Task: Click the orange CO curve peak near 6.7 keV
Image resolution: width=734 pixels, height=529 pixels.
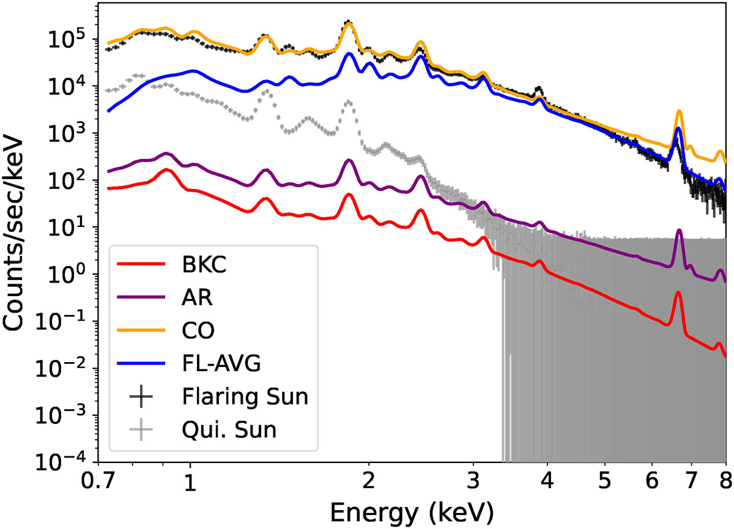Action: click(679, 112)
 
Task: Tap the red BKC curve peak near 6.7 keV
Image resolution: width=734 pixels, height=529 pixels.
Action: click(678, 293)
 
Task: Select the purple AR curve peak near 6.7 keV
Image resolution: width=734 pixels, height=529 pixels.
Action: click(679, 231)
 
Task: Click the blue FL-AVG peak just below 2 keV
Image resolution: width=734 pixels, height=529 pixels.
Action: click(349, 54)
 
